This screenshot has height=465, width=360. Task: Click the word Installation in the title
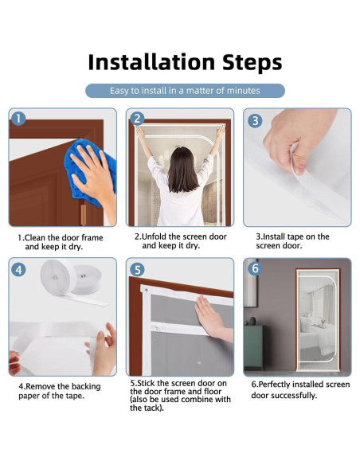pos(151,62)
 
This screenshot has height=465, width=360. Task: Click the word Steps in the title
pos(252,63)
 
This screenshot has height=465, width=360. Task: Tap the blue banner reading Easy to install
pos(185,91)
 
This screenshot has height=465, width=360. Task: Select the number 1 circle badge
pos(18,119)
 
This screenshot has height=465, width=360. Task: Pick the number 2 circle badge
pos(137,119)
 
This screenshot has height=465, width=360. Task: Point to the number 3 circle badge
pos(255,121)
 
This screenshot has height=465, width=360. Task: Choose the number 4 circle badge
pos(18,270)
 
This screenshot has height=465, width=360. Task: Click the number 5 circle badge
pos(137,270)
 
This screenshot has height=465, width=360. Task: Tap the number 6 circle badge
pos(255,268)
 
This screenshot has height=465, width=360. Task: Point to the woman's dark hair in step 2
pos(181,170)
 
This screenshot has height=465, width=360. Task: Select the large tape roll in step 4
pos(58,276)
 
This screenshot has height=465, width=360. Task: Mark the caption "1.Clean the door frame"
pos(61,237)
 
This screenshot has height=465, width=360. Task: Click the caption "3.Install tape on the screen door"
pos(292,241)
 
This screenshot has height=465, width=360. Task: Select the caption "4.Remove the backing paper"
pos(60,391)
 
